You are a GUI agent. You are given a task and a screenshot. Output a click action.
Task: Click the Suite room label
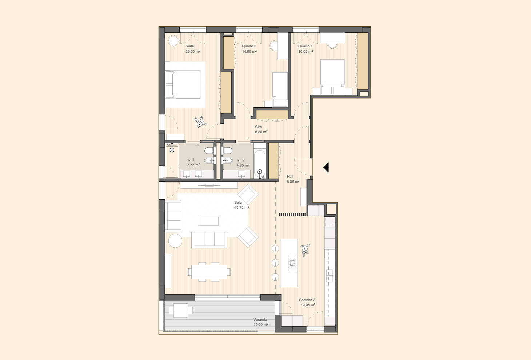[189, 46]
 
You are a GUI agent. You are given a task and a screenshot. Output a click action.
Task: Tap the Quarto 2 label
[249, 46]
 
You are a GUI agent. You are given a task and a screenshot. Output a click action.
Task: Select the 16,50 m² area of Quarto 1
[306, 51]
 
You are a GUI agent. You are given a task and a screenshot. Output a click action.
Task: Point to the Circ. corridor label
[259, 127]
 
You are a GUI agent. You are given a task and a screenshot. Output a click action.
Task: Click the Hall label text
[290, 177]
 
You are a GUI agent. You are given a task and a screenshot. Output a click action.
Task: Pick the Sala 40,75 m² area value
[241, 207]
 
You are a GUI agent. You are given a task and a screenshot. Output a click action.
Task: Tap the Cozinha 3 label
[307, 300]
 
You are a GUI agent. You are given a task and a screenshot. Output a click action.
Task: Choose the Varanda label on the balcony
[260, 320]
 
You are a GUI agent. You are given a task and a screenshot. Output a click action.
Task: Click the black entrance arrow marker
[326, 167]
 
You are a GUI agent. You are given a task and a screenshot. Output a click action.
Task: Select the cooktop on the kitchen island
[292, 263]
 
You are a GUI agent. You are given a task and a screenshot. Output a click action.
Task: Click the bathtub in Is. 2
[259, 164]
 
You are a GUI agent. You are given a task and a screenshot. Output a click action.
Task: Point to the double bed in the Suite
[183, 84]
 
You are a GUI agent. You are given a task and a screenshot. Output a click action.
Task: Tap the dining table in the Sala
[209, 272]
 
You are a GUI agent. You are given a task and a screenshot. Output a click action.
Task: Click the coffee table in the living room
[208, 221]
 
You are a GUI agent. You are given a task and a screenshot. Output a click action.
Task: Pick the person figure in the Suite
[201, 122]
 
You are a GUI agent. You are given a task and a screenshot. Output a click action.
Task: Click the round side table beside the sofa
[175, 241]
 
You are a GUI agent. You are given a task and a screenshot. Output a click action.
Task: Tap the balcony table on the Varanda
[181, 311]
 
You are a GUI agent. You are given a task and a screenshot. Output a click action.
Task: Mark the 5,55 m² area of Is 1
[193, 165]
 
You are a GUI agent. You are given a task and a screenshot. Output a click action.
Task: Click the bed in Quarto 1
[332, 77]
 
